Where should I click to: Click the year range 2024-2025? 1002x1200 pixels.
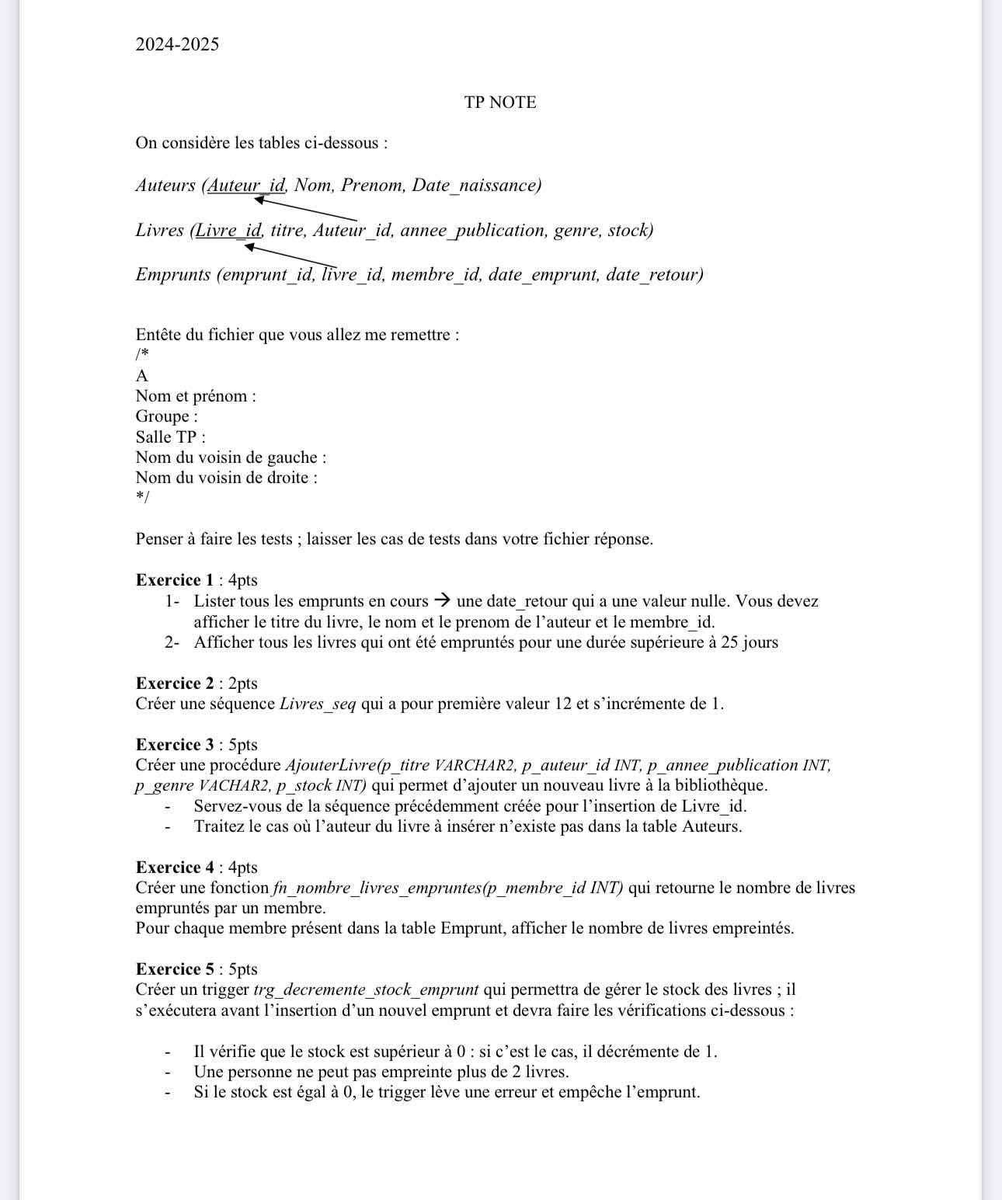tap(177, 44)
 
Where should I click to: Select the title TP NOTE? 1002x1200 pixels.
tap(500, 103)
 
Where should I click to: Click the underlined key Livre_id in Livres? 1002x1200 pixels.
tap(228, 231)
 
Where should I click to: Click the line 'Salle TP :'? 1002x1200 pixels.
tap(171, 437)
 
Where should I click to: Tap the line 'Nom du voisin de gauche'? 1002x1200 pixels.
tap(231, 457)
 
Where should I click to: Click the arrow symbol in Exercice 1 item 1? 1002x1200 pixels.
tap(442, 600)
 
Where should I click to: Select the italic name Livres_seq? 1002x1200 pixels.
tap(318, 704)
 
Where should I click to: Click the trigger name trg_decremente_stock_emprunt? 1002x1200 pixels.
tap(366, 990)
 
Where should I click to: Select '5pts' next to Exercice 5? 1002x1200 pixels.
tap(243, 969)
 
